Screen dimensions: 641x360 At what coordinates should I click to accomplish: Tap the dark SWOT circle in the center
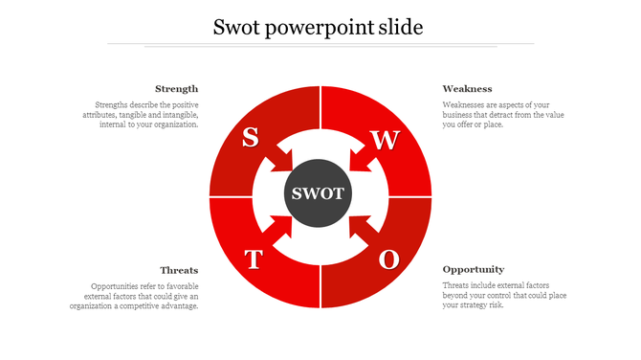pyautogui.click(x=320, y=193)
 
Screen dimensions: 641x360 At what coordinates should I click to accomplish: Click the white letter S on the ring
pyautogui.click(x=250, y=137)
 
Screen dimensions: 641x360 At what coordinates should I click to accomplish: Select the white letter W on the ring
pyautogui.click(x=385, y=140)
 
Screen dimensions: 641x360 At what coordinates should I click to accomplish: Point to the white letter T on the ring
pyautogui.click(x=253, y=259)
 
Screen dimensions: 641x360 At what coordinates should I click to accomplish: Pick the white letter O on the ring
pyautogui.click(x=388, y=259)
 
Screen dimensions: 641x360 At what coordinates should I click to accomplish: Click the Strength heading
pyautogui.click(x=176, y=89)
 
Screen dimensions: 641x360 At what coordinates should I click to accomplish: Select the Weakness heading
pyautogui.click(x=467, y=89)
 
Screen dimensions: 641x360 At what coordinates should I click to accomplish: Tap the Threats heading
pyautogui.click(x=179, y=270)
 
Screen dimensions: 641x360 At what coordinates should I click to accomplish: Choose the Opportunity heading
pyautogui.click(x=473, y=270)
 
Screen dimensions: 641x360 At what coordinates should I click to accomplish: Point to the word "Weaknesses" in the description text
pyautogui.click(x=464, y=104)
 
